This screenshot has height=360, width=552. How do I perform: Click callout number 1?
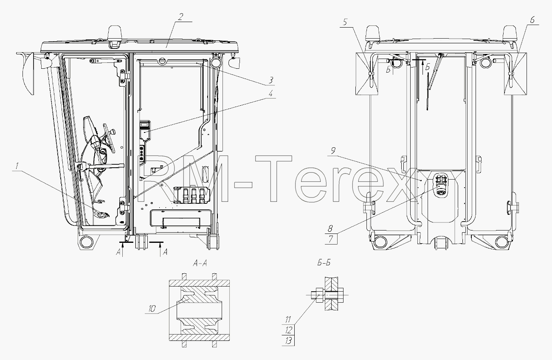[x=17, y=166]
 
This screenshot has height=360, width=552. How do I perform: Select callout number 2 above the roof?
[x=180, y=17]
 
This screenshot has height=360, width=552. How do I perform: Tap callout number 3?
[x=270, y=80]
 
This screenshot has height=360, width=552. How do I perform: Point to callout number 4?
[x=270, y=93]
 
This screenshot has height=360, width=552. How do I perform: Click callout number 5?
[x=345, y=22]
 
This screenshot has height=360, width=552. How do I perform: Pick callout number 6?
[x=532, y=20]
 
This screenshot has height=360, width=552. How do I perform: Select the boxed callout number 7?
[x=331, y=239]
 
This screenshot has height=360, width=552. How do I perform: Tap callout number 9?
[x=333, y=151]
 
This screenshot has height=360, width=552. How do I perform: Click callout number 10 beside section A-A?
[x=152, y=309]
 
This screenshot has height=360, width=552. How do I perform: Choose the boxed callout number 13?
[x=289, y=340]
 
